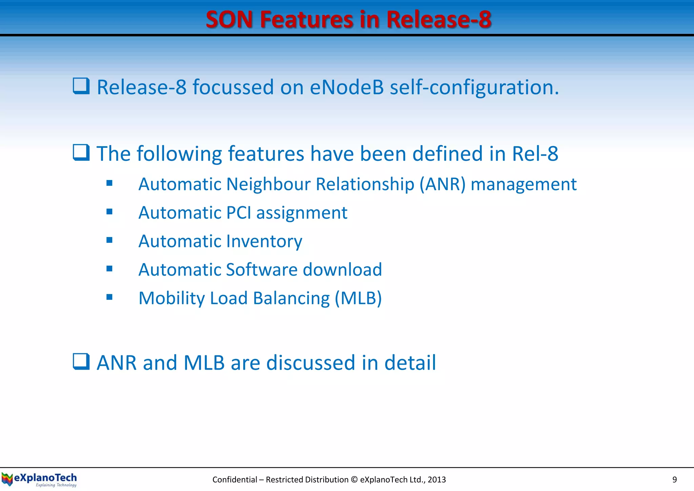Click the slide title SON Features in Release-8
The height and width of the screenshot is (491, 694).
point(348,19)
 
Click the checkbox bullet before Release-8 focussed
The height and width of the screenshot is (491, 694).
point(81,86)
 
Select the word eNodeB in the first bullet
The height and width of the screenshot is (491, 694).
point(347,87)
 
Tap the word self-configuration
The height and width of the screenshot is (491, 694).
point(474,88)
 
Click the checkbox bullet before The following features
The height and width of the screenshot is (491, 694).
point(81,153)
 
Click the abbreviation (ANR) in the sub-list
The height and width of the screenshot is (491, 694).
point(443,184)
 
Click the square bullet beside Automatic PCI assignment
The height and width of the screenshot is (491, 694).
point(109,212)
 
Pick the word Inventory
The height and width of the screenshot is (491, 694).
point(264,241)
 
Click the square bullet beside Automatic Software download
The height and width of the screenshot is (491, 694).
point(109,269)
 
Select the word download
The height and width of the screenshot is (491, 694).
point(342,270)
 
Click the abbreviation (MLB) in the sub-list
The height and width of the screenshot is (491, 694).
point(358,298)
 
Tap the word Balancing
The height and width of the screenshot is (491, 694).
point(291,299)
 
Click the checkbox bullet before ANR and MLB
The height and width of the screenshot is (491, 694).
point(81,361)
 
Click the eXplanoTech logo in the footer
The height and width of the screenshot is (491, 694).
point(39,479)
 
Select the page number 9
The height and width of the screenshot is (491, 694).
point(674,479)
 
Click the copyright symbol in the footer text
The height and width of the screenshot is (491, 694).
point(354,479)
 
